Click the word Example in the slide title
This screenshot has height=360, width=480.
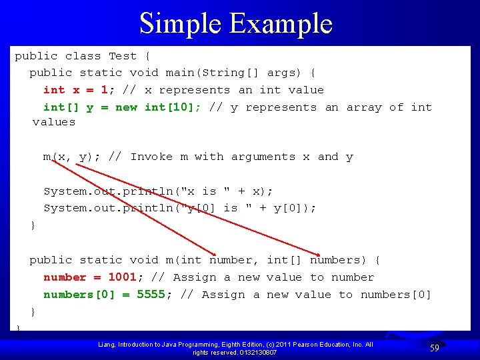click(x=281, y=23)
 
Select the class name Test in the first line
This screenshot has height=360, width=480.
click(x=123, y=56)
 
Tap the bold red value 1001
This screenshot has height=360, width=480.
click(x=122, y=277)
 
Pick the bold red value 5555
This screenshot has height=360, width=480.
click(x=151, y=295)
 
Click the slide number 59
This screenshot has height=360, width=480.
click(x=434, y=347)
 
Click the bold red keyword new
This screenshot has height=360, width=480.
click(x=126, y=107)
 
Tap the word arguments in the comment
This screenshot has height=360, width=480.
click(x=263, y=157)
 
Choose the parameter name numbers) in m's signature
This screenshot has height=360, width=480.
click(x=339, y=260)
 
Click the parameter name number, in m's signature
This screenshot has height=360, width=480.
click(x=234, y=260)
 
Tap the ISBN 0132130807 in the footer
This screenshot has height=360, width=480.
click(x=257, y=352)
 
